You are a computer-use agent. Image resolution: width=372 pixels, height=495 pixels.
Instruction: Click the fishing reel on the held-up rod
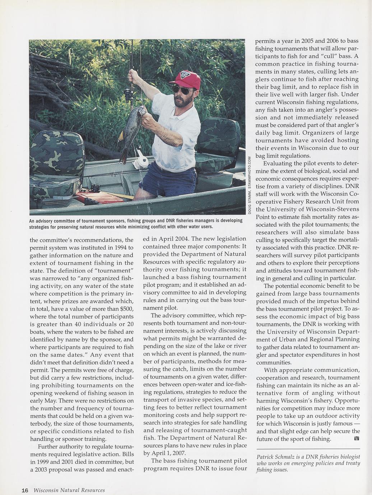tap(129, 94)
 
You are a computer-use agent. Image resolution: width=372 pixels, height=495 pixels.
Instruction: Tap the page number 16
tap(25, 490)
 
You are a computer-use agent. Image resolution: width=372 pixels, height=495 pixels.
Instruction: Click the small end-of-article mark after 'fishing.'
tap(357, 439)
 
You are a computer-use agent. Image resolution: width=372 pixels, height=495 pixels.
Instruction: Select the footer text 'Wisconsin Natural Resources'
tap(69, 490)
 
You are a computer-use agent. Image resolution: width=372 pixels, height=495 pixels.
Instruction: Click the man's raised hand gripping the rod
tap(133, 76)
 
